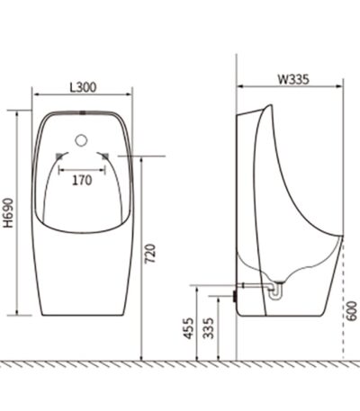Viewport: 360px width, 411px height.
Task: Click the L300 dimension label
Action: (x=83, y=87)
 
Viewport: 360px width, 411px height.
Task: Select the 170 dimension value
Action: (x=82, y=181)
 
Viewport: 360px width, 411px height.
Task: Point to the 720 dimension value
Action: (x=150, y=254)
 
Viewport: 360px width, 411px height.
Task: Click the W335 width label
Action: (x=292, y=79)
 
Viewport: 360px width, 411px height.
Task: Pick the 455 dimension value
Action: (x=189, y=328)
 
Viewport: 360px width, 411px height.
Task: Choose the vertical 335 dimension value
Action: (x=208, y=328)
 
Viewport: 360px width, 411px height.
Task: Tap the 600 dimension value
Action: (x=353, y=311)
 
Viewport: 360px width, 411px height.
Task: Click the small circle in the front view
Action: (x=81, y=140)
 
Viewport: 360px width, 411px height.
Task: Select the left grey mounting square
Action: (x=59, y=156)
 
